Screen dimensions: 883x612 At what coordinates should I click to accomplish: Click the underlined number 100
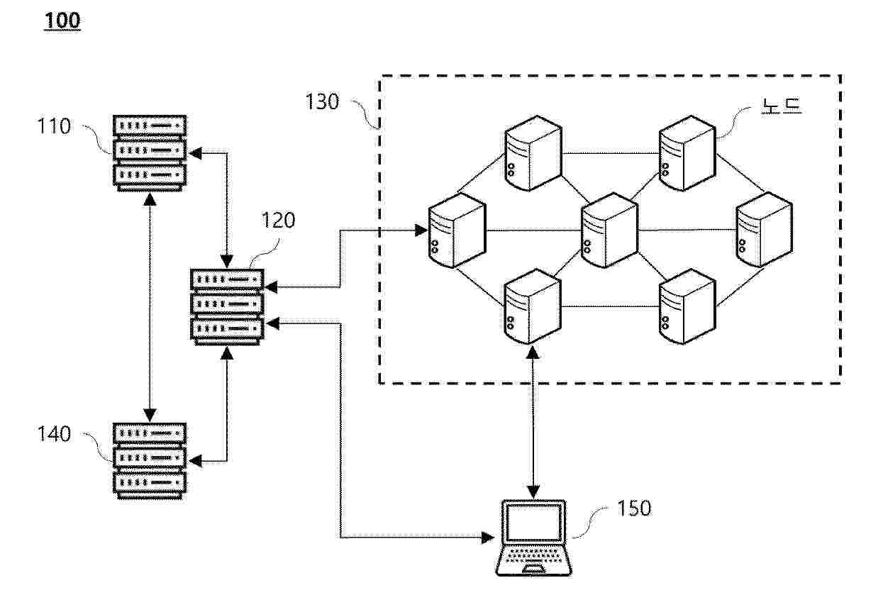[62, 20]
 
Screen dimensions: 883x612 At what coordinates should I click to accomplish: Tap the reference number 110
[54, 126]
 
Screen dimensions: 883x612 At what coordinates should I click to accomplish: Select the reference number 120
[278, 220]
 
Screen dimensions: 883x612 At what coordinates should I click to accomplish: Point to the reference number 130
[322, 101]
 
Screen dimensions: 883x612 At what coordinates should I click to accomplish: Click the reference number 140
[54, 434]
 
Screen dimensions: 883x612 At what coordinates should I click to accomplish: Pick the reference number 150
[634, 508]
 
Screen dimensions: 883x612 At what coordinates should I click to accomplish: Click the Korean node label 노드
[782, 106]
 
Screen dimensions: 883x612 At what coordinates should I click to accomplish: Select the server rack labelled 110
[150, 153]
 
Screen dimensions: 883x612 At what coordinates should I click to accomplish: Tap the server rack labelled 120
[227, 307]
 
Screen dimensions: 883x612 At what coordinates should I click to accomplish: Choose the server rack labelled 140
[150, 461]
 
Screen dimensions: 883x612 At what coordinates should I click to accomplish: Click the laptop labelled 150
[533, 538]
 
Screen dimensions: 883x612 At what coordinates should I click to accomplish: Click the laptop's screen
[534, 522]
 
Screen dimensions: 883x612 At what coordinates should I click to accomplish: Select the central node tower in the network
[609, 230]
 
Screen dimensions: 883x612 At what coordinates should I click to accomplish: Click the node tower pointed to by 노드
[687, 153]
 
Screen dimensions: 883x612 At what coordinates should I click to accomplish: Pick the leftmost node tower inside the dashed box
[457, 230]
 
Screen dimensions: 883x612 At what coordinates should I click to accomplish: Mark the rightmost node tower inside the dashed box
[765, 230]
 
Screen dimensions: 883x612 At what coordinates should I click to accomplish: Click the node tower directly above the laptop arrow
[533, 306]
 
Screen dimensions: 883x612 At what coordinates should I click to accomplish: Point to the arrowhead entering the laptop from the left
[488, 538]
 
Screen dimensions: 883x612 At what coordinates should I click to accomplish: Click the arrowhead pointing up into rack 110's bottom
[150, 199]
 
